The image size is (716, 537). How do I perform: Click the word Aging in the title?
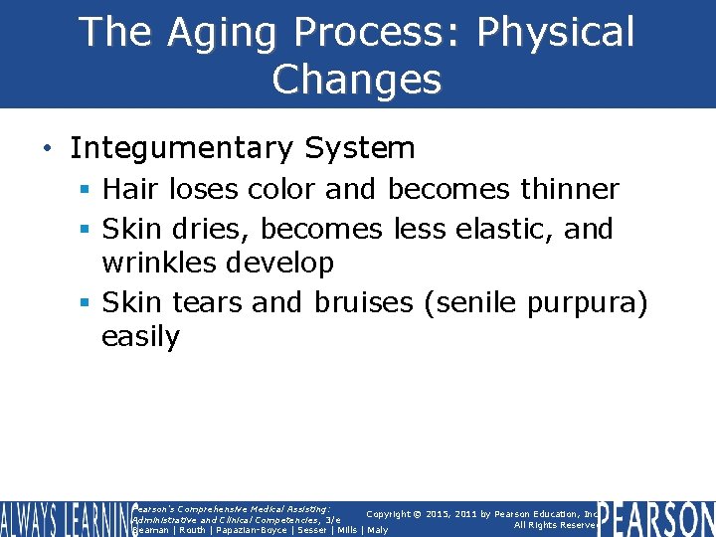click(x=222, y=33)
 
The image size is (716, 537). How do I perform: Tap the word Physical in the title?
click(x=554, y=33)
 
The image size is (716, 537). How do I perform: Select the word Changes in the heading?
click(x=357, y=80)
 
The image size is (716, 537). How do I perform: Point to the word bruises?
click(x=364, y=301)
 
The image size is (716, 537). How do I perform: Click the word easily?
click(x=140, y=337)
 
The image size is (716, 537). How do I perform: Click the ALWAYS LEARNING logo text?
click(x=64, y=519)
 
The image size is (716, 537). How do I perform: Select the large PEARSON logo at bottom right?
click(x=655, y=519)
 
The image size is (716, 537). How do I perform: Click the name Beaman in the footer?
click(x=150, y=530)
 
